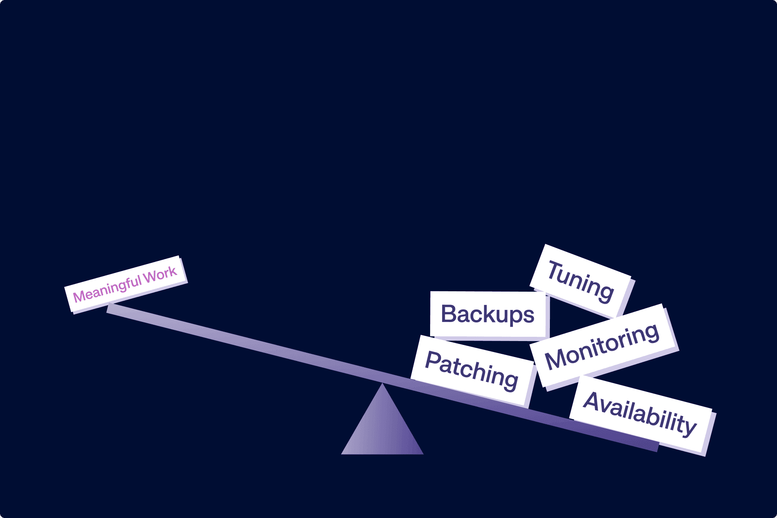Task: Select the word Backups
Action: pos(488,315)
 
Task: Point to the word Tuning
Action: pos(581,282)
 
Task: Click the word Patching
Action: pos(472,370)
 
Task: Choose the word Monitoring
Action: pos(602,346)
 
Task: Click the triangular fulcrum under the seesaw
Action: pos(382,428)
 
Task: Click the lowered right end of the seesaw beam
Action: pos(657,447)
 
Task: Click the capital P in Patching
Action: pos(433,360)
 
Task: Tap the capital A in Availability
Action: pos(593,401)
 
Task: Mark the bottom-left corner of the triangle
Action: pos(341,454)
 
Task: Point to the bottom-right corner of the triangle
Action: pos(423,454)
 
